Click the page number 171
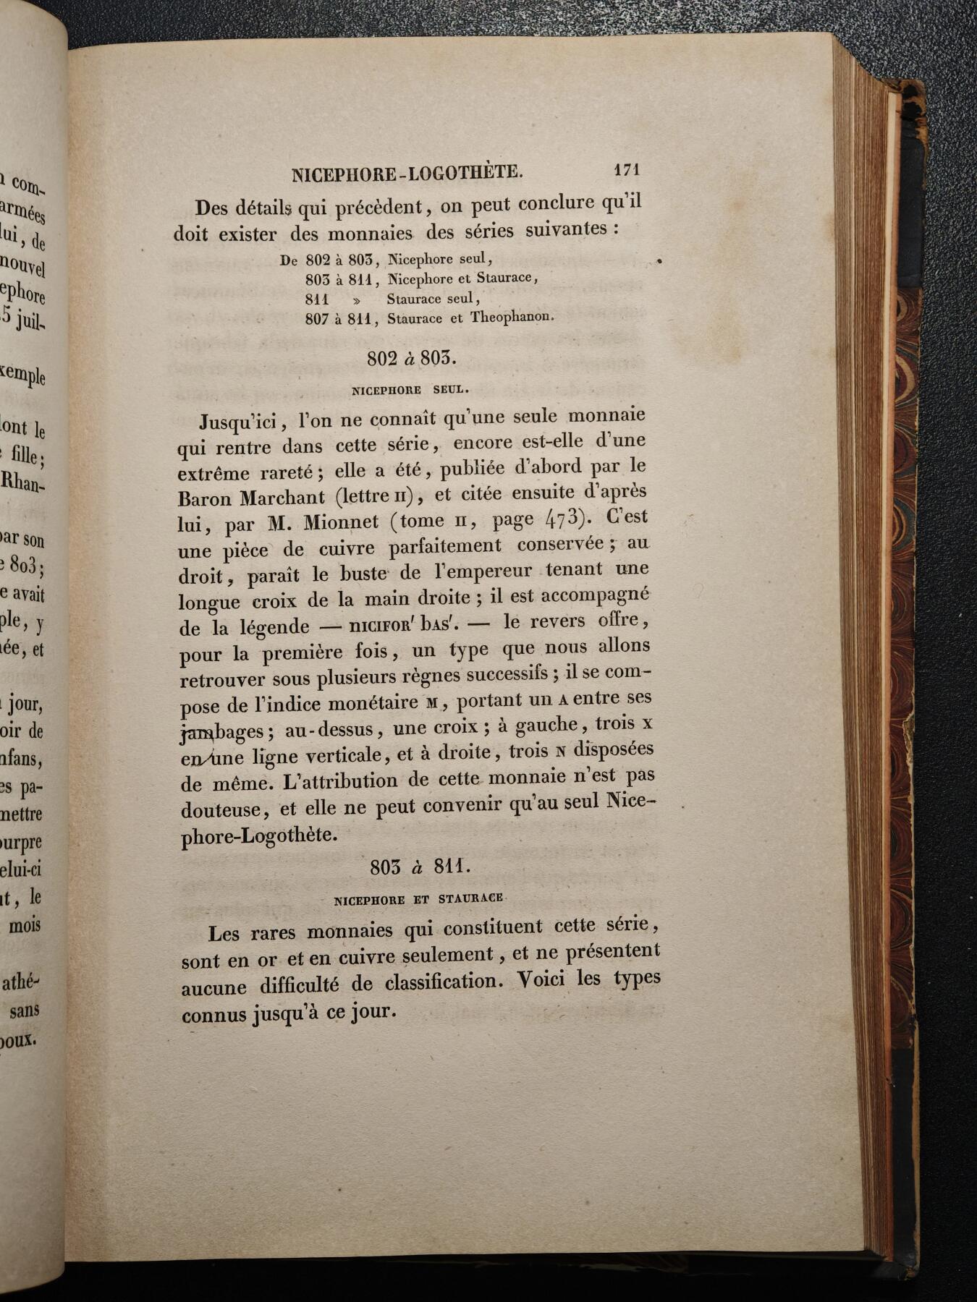click(x=626, y=170)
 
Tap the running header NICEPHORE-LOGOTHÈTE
click(x=407, y=174)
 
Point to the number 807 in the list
click(x=317, y=318)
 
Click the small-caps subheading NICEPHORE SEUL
click(x=410, y=390)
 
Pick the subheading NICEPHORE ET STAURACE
click(x=418, y=899)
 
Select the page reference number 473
click(x=562, y=519)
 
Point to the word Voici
click(x=541, y=981)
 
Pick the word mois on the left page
click(x=25, y=925)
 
